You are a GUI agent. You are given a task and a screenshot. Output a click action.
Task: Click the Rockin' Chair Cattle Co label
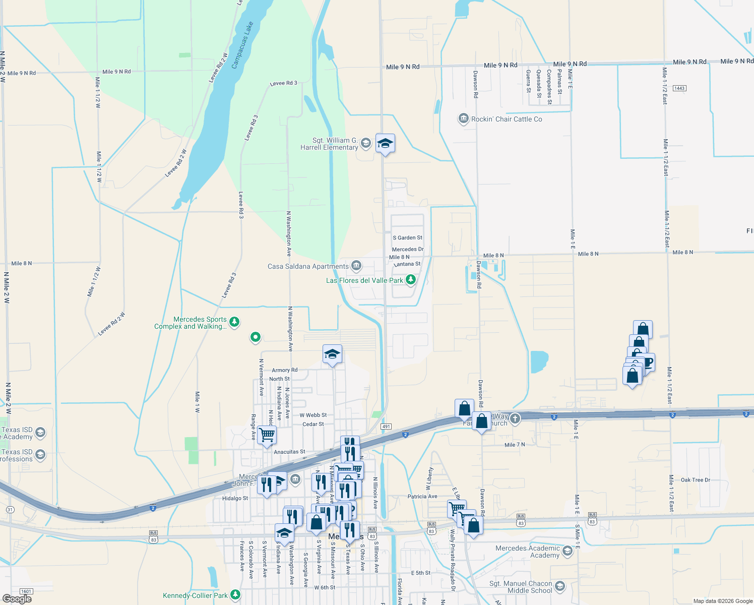point(507,119)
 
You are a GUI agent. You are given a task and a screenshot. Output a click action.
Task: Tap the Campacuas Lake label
point(242,45)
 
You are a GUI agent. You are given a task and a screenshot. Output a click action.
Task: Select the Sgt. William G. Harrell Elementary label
point(329,144)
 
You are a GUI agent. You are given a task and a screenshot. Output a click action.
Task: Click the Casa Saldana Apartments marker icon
point(356,265)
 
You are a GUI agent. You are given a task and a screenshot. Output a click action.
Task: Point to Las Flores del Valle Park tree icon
point(411,279)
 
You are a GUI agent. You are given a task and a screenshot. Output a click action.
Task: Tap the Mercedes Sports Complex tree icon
point(234,322)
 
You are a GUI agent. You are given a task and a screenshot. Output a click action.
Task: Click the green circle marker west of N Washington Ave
point(256,337)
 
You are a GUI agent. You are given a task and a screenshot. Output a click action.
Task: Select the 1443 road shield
point(679,88)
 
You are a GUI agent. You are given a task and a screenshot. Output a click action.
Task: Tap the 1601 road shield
point(26,591)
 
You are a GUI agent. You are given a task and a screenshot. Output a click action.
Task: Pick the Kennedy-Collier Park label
point(195,595)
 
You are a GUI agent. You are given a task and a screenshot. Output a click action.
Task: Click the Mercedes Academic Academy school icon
point(568,551)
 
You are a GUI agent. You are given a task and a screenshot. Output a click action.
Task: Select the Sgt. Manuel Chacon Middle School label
point(521,587)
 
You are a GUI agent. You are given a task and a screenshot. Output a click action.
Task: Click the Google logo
point(17,598)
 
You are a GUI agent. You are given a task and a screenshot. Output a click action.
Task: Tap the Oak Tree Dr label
point(695,480)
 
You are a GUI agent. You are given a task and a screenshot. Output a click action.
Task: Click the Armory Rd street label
point(285,370)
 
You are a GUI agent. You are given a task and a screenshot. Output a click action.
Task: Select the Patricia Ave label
point(422,497)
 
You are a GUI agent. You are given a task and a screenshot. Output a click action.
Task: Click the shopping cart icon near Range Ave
point(267,434)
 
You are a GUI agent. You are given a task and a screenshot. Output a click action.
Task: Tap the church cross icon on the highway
point(515,418)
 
